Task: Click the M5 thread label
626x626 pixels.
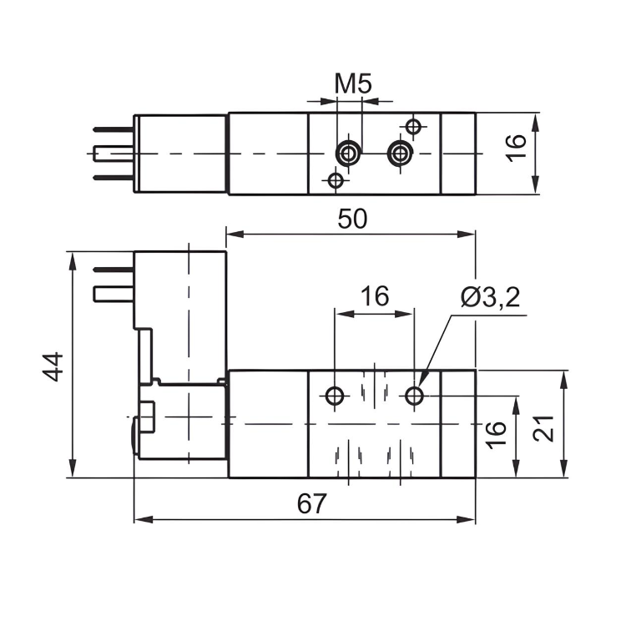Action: [352, 83]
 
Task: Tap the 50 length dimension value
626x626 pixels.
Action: [352, 219]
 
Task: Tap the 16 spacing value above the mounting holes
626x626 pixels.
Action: [374, 296]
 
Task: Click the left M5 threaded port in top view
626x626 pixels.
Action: [347, 153]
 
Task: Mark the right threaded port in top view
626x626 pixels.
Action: [401, 153]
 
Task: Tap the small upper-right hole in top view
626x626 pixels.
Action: [412, 126]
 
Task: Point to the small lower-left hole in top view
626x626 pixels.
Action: [336, 179]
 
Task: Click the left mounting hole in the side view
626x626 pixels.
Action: [336, 396]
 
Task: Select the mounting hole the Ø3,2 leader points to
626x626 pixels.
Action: [414, 396]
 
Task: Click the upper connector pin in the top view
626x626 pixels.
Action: [113, 129]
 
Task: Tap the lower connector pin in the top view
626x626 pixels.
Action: [113, 177]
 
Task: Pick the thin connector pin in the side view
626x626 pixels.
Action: [113, 270]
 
